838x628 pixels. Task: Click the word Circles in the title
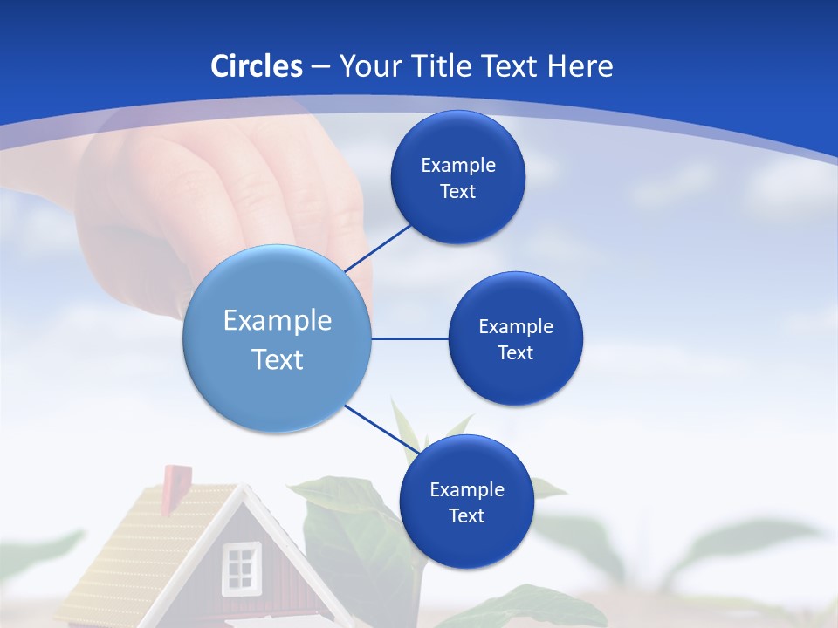[257, 66]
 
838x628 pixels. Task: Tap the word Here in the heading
[580, 66]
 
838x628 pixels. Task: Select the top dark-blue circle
[457, 140]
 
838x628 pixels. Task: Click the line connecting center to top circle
[377, 248]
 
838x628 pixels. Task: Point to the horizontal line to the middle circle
[410, 338]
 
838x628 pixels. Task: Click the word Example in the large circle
[278, 321]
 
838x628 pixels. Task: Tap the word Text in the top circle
[457, 192]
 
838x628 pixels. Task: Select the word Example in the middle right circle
[515, 326]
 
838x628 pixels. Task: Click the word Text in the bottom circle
[466, 515]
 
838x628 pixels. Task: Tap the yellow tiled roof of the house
[148, 541]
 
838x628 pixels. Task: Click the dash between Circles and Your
[319, 67]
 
